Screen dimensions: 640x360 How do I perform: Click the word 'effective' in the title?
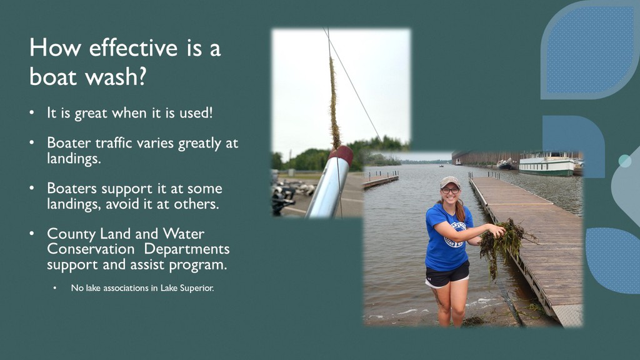point(133,47)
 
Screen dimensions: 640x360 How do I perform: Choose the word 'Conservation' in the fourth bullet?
point(91,249)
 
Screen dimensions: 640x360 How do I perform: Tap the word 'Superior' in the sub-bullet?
point(197,288)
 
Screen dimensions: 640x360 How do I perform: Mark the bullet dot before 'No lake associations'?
point(55,288)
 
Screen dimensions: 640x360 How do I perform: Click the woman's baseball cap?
point(450,182)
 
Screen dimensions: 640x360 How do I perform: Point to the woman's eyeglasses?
point(450,191)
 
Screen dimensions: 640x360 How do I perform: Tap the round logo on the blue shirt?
point(456,234)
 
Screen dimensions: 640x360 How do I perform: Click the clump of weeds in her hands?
point(502,243)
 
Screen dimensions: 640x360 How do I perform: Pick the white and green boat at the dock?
point(547,164)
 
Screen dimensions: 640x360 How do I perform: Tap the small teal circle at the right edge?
point(624,161)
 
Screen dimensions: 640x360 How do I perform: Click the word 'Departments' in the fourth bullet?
point(186,249)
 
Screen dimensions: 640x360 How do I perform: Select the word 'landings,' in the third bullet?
point(74,204)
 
